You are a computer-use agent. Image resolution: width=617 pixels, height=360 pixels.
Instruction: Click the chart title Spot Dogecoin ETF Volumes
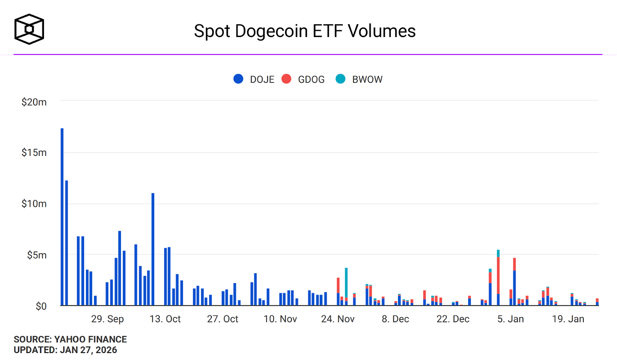point(305,31)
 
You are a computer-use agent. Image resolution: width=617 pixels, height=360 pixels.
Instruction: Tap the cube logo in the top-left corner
point(29,29)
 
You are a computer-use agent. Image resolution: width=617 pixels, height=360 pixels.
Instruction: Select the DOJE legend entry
point(254,79)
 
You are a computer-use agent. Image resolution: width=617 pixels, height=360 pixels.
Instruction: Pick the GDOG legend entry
point(303,79)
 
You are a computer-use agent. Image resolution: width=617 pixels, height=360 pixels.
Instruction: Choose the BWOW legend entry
point(359,79)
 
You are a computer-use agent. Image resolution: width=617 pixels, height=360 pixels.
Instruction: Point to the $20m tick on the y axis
point(34,102)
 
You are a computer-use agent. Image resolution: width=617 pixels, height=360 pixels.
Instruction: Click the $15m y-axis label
point(34,152)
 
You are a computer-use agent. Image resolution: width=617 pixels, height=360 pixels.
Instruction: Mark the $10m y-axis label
point(34,204)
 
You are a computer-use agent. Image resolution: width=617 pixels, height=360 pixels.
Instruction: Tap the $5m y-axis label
point(37,255)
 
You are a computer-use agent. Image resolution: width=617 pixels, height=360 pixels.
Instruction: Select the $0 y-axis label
point(41,306)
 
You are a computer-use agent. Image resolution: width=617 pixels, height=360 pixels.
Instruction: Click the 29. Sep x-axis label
point(108,319)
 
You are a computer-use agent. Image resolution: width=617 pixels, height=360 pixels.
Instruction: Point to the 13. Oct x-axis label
point(165,319)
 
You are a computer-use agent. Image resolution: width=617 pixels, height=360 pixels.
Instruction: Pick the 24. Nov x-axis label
point(338,319)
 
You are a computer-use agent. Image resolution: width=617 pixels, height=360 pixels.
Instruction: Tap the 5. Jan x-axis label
point(511,319)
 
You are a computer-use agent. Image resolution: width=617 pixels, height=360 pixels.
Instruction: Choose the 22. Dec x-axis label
point(453,319)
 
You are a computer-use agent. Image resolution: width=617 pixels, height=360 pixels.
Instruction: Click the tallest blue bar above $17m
point(62,217)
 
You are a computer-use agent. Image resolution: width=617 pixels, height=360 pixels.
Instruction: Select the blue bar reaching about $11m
point(153,249)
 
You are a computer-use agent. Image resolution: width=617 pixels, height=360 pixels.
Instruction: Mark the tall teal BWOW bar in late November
point(346,283)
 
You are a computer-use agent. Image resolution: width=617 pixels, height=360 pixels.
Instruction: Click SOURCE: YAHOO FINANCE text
point(70,339)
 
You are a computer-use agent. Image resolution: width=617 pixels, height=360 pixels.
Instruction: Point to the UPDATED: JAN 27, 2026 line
point(65,350)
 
